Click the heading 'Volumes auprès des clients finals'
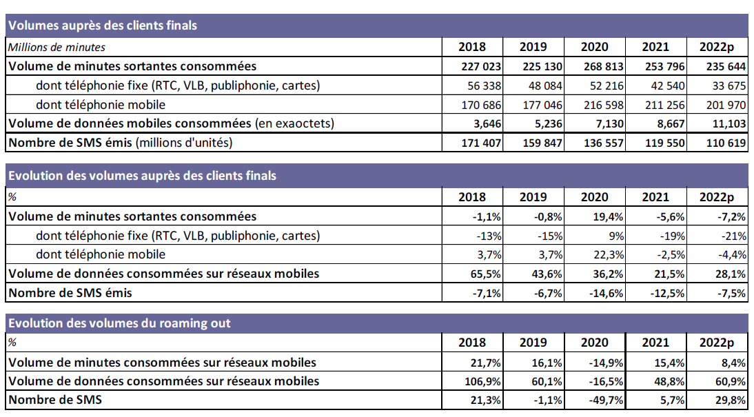tap(102, 26)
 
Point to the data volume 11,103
tap(728, 123)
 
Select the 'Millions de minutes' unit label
tap(57, 47)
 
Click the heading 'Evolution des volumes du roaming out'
tap(119, 323)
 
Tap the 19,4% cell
tap(609, 216)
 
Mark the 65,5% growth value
tap(487, 274)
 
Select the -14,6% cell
tap(607, 293)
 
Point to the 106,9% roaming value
tap(485, 380)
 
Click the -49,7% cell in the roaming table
tap(607, 400)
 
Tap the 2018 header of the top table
tap(471, 47)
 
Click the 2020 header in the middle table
tap(594, 197)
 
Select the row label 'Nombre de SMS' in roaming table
tap(54, 400)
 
